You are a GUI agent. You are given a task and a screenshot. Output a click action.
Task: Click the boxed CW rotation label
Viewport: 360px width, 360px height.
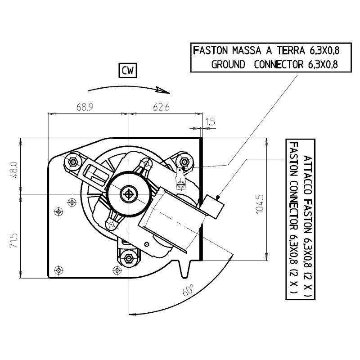(128, 71)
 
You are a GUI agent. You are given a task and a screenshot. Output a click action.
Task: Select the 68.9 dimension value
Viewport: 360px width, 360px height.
(85, 108)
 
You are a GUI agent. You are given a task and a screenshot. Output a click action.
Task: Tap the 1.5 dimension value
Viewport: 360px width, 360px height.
(210, 121)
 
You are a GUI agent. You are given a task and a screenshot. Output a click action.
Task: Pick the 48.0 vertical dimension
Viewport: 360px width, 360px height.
(14, 170)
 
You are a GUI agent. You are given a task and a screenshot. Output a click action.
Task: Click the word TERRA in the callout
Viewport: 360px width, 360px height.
(288, 50)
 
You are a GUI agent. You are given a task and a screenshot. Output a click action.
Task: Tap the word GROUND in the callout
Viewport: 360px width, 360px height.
(228, 64)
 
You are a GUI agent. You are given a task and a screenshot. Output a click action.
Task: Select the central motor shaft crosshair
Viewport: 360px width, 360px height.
(130, 194)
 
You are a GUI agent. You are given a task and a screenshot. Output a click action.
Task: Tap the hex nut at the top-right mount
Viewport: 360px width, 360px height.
(184, 162)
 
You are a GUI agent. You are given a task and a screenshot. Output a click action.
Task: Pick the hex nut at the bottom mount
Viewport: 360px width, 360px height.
(130, 258)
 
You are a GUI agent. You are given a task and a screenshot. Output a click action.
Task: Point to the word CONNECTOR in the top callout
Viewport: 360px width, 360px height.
(279, 64)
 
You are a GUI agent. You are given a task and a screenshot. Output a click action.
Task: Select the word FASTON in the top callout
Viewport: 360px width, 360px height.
(210, 50)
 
